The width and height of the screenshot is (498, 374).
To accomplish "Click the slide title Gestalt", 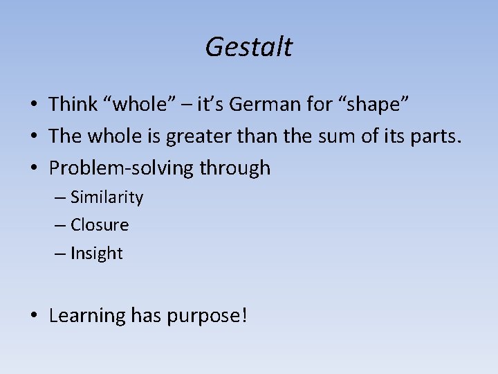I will tap(249, 47).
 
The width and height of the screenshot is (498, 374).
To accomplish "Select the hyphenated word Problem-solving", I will tap(121, 168).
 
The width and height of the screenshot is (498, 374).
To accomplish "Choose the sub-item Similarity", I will tap(107, 197).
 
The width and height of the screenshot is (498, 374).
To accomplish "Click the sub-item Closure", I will tap(100, 225).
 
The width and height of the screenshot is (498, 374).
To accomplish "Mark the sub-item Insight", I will tap(96, 253).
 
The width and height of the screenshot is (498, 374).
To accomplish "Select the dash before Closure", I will tap(61, 226).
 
